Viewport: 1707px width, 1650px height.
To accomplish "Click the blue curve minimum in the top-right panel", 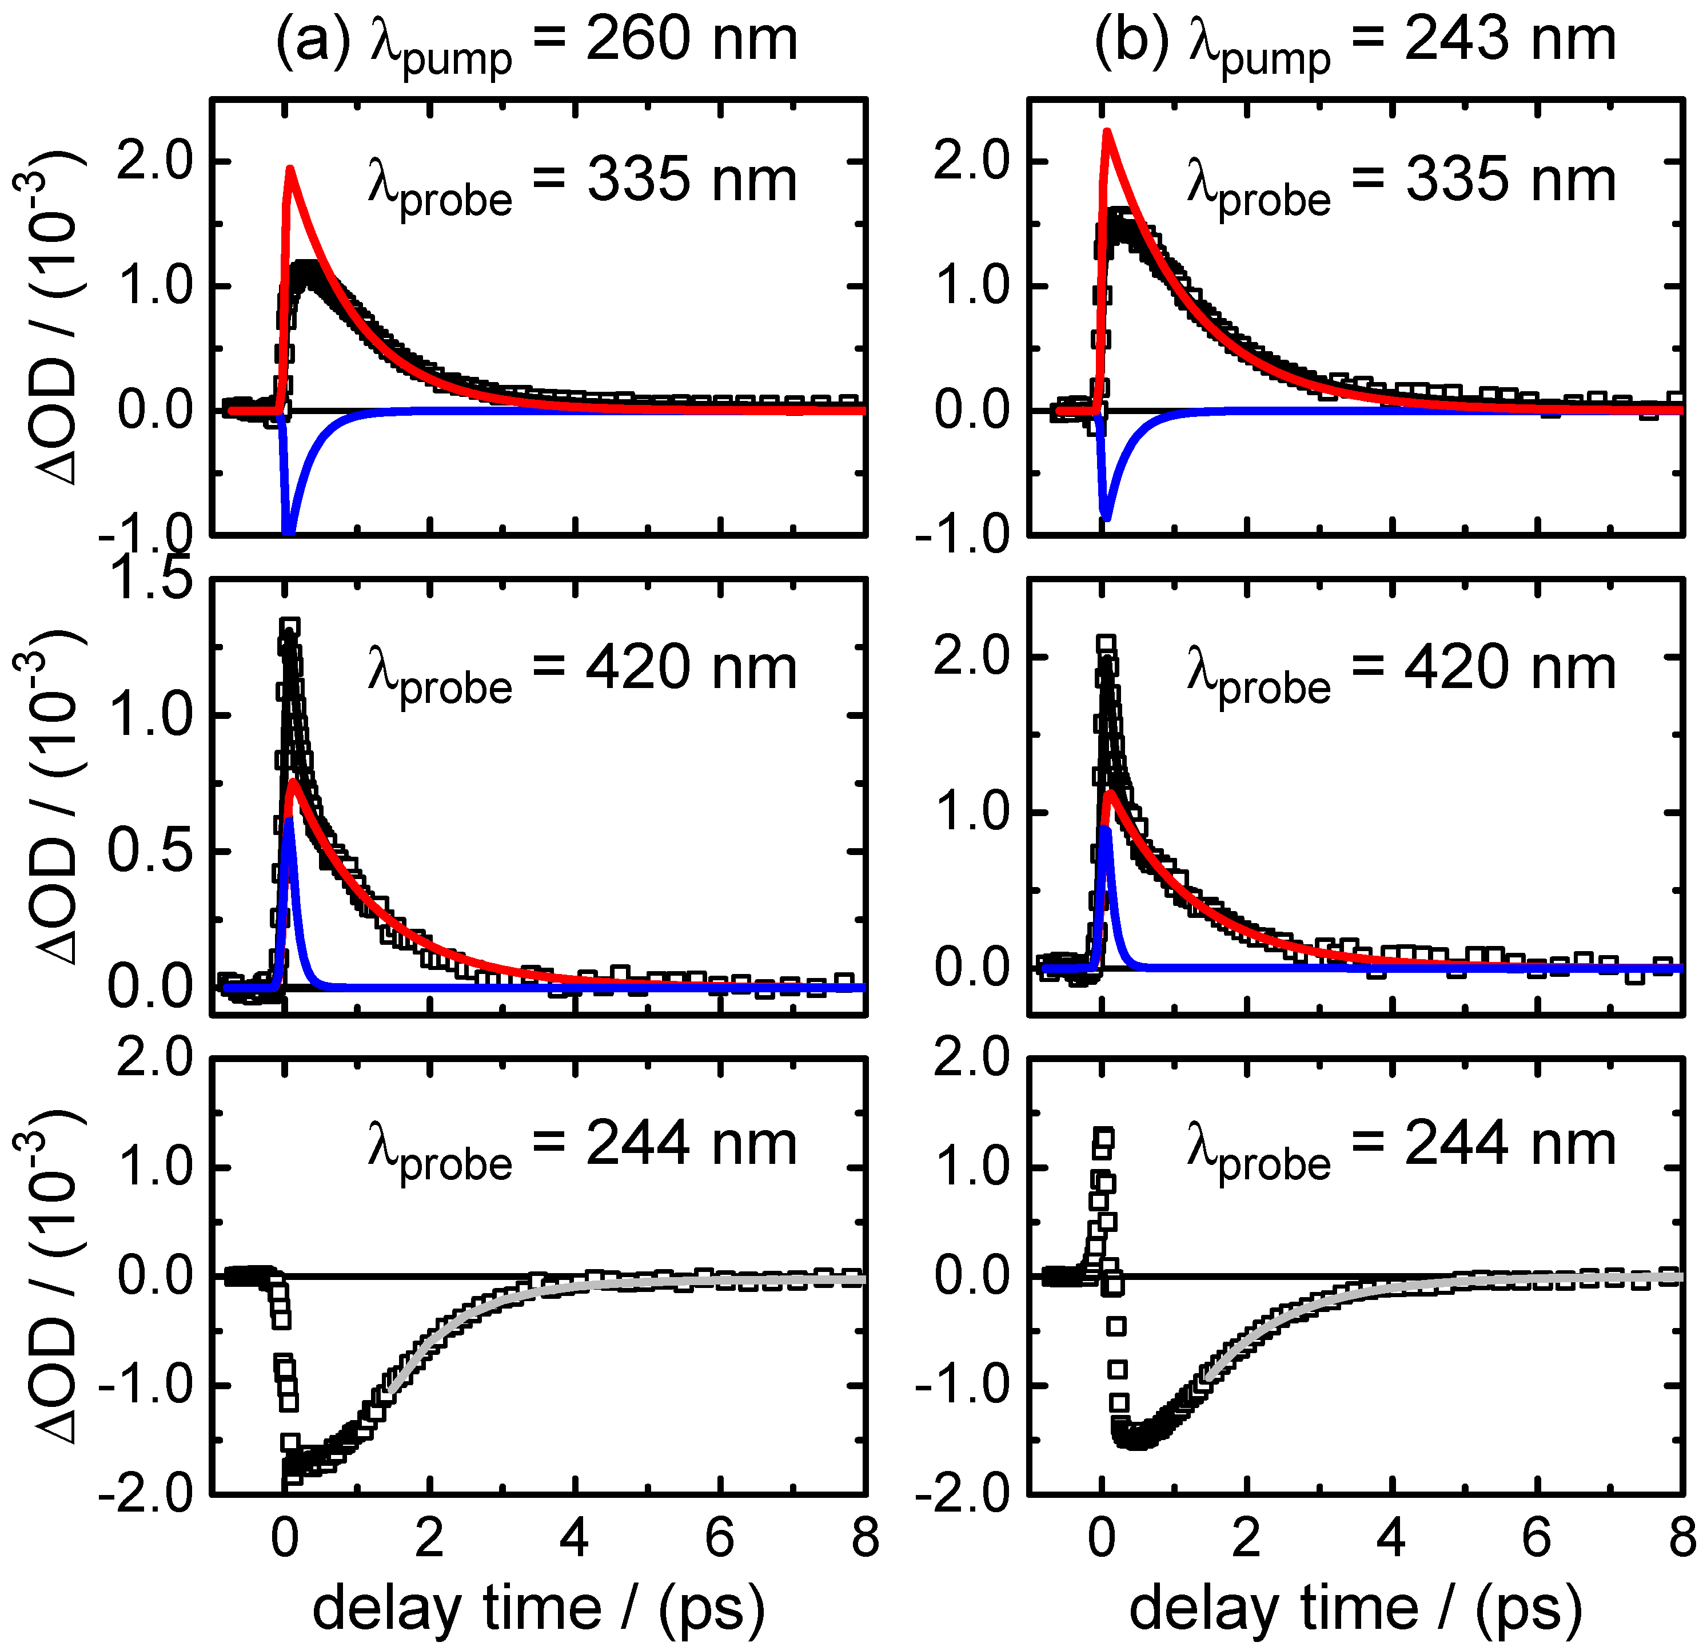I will [x=1106, y=518].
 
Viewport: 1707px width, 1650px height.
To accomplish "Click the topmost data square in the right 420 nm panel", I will [x=1106, y=644].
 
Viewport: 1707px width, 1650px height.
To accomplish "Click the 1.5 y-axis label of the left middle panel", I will [x=153, y=579].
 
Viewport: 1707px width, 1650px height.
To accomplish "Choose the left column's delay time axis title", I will [x=539, y=1608].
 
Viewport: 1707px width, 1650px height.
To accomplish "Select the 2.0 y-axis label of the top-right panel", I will [x=972, y=162].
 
